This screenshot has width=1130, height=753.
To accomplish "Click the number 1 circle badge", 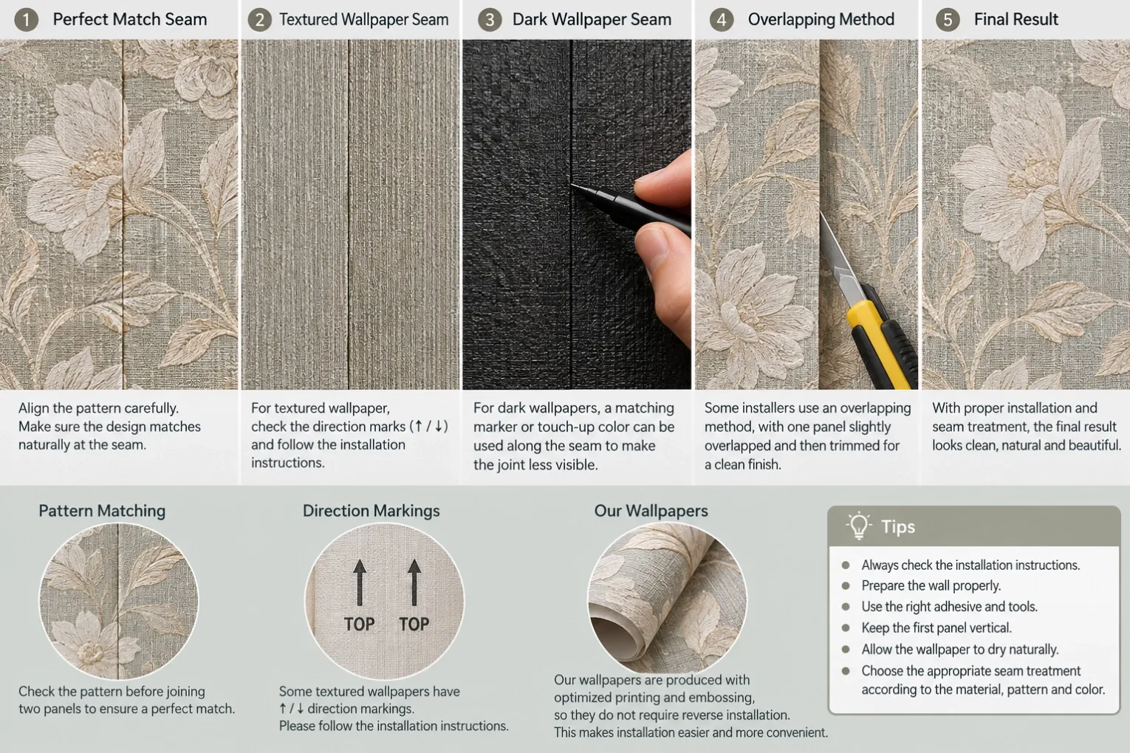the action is coord(27,20).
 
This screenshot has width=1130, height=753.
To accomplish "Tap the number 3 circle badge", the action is coord(490,20).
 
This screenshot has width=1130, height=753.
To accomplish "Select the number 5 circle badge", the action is coord(948,20).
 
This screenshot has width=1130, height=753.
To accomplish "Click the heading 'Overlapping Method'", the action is coord(821,19).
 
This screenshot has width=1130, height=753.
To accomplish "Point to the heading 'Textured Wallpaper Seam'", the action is coord(363,19).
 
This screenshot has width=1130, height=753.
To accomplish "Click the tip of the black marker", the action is coord(572,185).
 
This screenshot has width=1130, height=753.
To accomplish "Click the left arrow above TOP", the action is coord(359,582).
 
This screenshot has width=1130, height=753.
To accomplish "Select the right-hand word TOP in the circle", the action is coord(414,624).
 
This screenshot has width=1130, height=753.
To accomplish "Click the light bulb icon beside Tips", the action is coord(859,525).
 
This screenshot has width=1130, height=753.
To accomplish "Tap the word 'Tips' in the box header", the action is coord(898,526).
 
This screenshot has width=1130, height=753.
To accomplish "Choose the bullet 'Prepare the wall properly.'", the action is coord(931,585).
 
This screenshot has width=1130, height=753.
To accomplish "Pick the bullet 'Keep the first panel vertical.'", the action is coord(936,628).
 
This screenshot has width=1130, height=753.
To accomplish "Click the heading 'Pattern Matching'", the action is coord(102,511).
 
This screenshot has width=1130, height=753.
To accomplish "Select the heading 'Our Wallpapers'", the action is coord(651,511).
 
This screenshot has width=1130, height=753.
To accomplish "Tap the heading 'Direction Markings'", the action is coord(371,511).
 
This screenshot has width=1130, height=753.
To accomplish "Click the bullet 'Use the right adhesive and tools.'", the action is coord(949,606).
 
